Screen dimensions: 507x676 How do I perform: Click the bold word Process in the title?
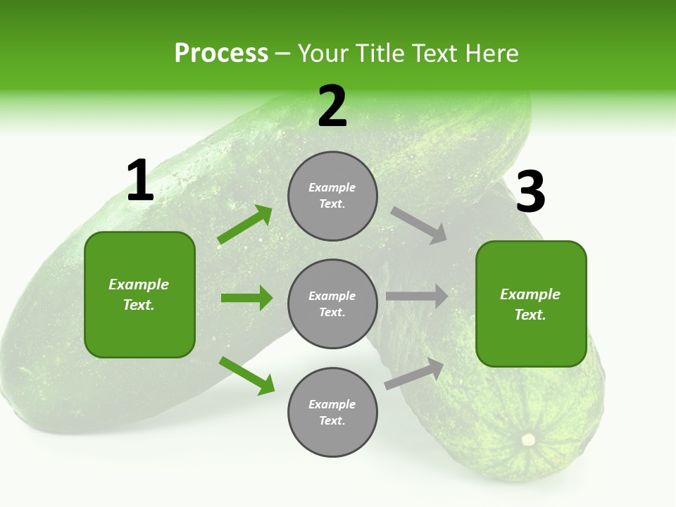point(221,54)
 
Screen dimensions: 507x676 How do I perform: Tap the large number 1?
point(140,181)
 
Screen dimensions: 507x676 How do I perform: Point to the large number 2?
point(332,107)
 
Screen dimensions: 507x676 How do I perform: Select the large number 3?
point(530,192)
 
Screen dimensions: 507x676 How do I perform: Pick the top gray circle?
point(332,196)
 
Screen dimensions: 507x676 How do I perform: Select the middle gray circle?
point(332,303)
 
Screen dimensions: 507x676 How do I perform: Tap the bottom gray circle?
point(332,412)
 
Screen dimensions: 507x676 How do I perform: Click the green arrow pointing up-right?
point(245,225)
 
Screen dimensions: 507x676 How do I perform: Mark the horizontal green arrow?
point(246,298)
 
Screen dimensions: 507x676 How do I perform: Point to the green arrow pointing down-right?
point(247,376)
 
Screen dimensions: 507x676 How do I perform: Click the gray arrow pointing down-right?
point(419,225)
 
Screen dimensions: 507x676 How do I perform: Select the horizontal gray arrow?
point(417,296)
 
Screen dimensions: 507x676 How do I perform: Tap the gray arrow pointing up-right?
point(415,373)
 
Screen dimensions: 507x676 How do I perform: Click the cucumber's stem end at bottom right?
point(527,440)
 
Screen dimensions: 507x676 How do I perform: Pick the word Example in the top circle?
point(332,187)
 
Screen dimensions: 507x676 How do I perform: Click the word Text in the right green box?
point(529,315)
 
